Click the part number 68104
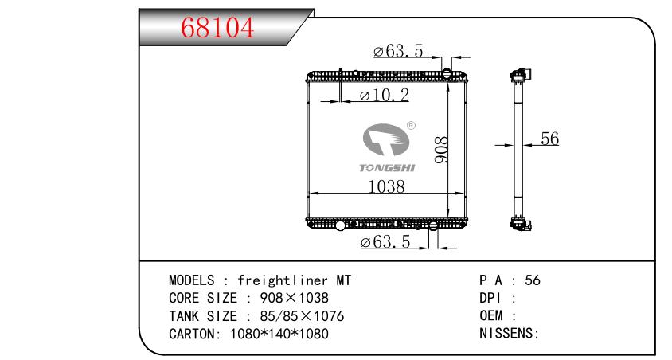tap(217, 27)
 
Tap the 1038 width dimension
tap(386, 186)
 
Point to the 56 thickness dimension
tap(549, 138)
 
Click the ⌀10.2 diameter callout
tap(384, 96)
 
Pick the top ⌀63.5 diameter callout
tap(398, 52)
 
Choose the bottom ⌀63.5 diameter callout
tap(385, 243)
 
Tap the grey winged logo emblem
tap(386, 141)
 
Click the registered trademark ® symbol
tap(411, 125)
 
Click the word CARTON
tap(189, 334)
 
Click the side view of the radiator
tap(519, 150)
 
